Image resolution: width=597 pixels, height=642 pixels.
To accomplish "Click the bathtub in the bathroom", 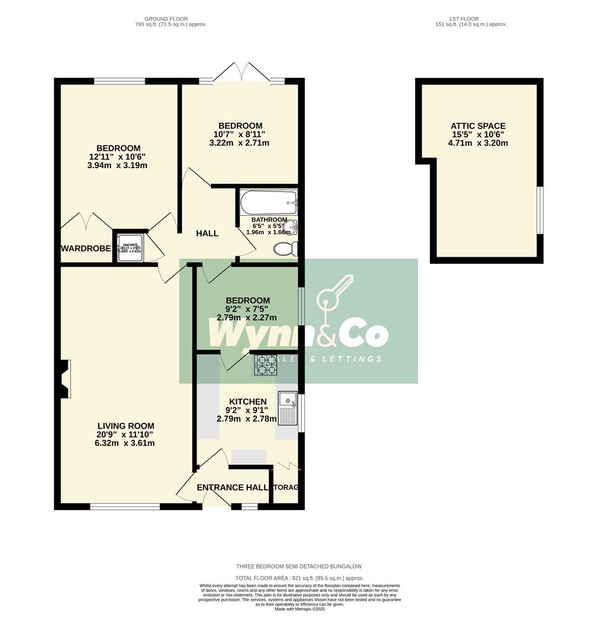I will [268, 203].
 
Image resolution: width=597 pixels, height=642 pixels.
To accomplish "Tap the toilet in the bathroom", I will [285, 249].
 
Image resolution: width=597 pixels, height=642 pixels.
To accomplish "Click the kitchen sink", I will [287, 407].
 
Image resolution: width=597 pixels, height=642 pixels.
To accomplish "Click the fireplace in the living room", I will [64, 379].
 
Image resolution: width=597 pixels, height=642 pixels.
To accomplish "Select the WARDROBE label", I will [86, 248].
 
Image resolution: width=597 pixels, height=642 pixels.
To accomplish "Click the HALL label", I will [207, 233].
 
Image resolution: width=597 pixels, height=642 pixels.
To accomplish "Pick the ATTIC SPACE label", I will [477, 126].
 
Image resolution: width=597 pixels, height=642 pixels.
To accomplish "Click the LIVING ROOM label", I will [125, 426].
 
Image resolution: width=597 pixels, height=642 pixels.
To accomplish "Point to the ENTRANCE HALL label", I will [232, 487].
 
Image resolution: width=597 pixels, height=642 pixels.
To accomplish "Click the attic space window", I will [540, 210].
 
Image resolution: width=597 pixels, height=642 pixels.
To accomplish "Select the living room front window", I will [124, 506].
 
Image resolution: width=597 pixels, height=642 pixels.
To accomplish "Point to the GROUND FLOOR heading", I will [171, 19].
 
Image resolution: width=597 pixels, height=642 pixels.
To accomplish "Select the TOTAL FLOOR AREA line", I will [299, 578].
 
